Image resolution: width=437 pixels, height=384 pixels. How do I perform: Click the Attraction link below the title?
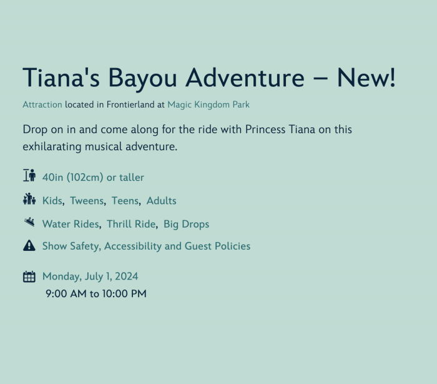pyautogui.click(x=42, y=104)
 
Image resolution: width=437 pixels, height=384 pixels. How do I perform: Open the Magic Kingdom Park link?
pyautogui.click(x=209, y=104)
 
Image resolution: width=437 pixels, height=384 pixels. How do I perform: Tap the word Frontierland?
pyautogui.click(x=130, y=104)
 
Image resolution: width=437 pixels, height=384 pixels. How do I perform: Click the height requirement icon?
pyautogui.click(x=29, y=175)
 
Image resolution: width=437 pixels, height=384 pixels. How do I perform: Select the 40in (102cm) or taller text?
pyautogui.click(x=93, y=178)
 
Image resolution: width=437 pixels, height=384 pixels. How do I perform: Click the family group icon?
pyautogui.click(x=29, y=199)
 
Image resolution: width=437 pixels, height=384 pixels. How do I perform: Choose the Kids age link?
pyautogui.click(x=52, y=201)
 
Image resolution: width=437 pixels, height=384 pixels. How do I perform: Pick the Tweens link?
pyautogui.click(x=87, y=201)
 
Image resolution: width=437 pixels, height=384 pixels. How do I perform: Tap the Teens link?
pyautogui.click(x=125, y=201)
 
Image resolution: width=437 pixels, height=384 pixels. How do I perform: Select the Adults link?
pyautogui.click(x=161, y=201)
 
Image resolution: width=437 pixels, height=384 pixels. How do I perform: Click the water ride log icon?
pyautogui.click(x=29, y=222)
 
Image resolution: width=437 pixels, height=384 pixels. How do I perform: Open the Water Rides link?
pyautogui.click(x=71, y=225)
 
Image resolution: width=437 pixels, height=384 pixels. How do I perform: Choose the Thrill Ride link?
pyautogui.click(x=131, y=225)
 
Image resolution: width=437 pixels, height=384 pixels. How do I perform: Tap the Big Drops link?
pyautogui.click(x=186, y=225)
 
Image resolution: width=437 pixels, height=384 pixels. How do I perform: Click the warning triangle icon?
pyautogui.click(x=29, y=246)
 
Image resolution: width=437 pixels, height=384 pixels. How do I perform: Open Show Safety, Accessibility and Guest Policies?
pyautogui.click(x=146, y=246)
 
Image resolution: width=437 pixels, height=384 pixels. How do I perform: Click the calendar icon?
pyautogui.click(x=29, y=277)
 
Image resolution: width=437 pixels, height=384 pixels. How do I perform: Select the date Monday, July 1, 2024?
pyautogui.click(x=91, y=276)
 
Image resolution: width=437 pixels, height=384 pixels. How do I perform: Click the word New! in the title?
pyautogui.click(x=366, y=78)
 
